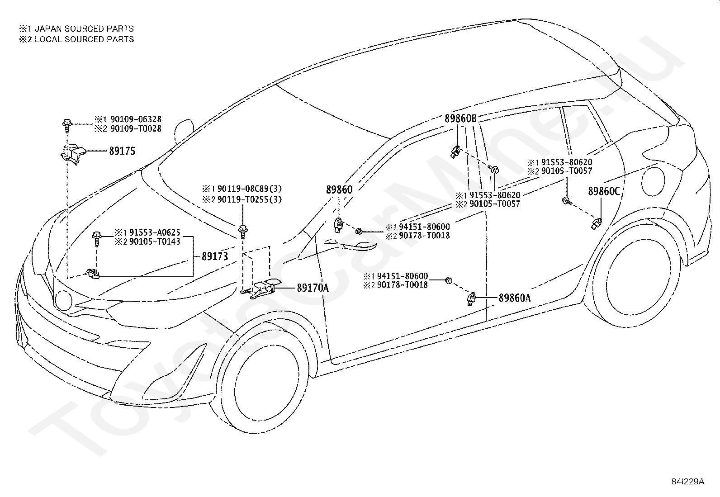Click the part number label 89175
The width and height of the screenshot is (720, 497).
(x=122, y=151)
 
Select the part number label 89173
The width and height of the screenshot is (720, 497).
(x=215, y=256)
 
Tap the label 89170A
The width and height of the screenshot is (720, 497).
(x=313, y=288)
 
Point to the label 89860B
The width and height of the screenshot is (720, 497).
(x=460, y=118)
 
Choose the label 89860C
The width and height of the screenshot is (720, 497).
(x=604, y=191)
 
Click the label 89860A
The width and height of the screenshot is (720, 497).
(x=515, y=298)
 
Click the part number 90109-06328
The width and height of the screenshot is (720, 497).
(x=136, y=119)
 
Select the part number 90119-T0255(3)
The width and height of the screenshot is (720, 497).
(x=250, y=199)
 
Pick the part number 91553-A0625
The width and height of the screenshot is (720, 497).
(x=155, y=232)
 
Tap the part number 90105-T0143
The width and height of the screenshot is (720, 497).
(x=155, y=241)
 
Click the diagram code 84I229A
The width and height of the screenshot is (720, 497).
(x=687, y=481)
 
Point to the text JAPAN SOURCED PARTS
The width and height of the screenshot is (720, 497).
(x=84, y=28)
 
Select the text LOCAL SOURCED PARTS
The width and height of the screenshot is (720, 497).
(x=84, y=39)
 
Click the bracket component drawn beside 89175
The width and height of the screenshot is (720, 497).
(x=73, y=155)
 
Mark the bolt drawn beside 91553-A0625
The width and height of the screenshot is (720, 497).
(x=97, y=238)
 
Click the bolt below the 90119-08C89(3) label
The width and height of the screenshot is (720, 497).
(x=243, y=232)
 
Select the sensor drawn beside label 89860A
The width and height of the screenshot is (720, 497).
(x=472, y=299)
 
